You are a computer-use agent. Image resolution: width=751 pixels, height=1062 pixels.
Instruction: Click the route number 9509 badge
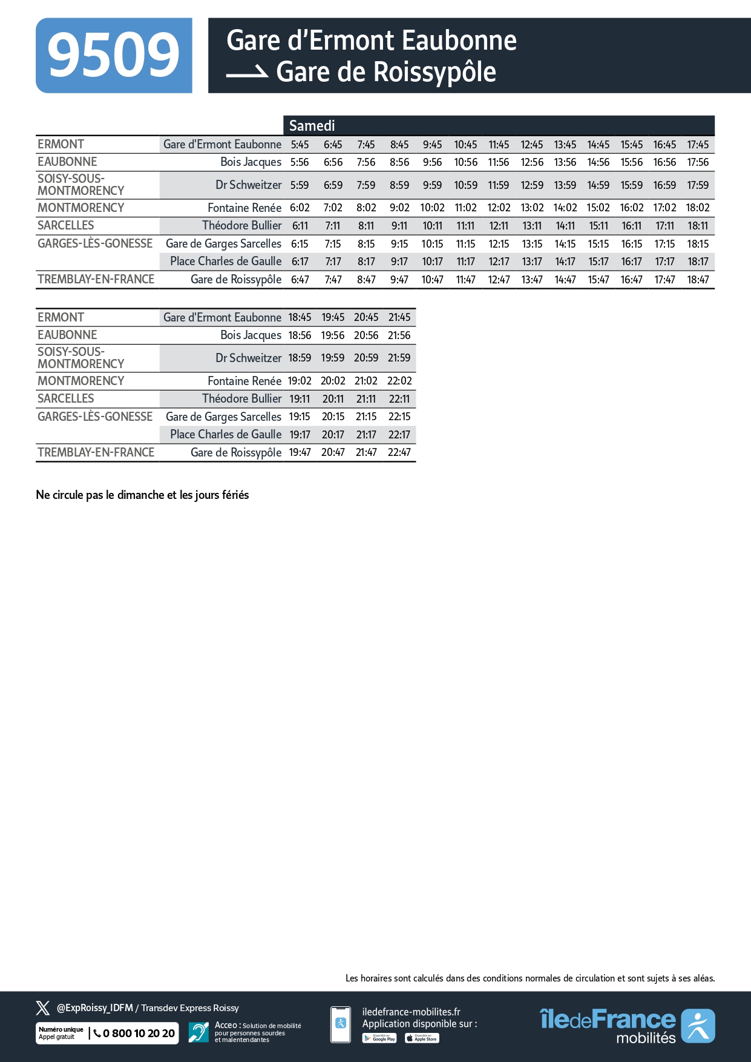[x=114, y=56]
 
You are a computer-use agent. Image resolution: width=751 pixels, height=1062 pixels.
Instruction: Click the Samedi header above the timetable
[x=312, y=125]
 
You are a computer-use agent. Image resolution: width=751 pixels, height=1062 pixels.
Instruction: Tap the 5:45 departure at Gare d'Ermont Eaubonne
[x=300, y=145]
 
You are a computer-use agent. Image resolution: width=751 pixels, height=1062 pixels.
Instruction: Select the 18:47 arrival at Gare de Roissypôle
[x=698, y=280]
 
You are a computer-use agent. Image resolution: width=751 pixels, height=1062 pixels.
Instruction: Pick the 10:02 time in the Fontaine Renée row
[x=432, y=208]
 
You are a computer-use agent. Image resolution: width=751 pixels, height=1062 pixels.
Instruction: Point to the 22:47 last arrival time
[x=399, y=452]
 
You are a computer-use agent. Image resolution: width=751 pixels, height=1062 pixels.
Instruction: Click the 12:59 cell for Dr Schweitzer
[x=532, y=185]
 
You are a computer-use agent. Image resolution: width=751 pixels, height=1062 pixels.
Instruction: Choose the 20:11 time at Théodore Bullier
[x=333, y=399]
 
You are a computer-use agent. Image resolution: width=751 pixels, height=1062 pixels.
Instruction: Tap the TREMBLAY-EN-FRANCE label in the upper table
[x=96, y=279]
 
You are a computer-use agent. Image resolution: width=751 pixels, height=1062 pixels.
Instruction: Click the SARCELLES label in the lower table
[x=65, y=398]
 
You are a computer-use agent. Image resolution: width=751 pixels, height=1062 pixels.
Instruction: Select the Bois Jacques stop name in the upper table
[x=251, y=162]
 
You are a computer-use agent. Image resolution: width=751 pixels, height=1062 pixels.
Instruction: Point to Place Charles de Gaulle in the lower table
[x=226, y=434]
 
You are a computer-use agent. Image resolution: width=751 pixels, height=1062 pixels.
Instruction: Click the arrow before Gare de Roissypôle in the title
[x=247, y=73]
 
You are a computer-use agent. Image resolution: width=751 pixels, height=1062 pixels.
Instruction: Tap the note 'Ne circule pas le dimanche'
[x=142, y=495]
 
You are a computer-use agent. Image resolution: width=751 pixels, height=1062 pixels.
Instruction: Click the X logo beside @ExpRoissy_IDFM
[x=43, y=1008]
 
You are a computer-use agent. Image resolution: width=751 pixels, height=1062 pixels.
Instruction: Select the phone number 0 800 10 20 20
[x=139, y=1033]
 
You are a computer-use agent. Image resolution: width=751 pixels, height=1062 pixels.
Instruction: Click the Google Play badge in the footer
[x=379, y=1038]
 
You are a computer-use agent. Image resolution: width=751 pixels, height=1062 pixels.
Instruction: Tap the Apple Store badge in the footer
[x=422, y=1038]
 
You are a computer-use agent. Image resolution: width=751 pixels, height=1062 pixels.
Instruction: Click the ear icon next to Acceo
[x=198, y=1032]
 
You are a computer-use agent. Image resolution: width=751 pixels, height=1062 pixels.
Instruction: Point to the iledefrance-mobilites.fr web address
[x=411, y=1012]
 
